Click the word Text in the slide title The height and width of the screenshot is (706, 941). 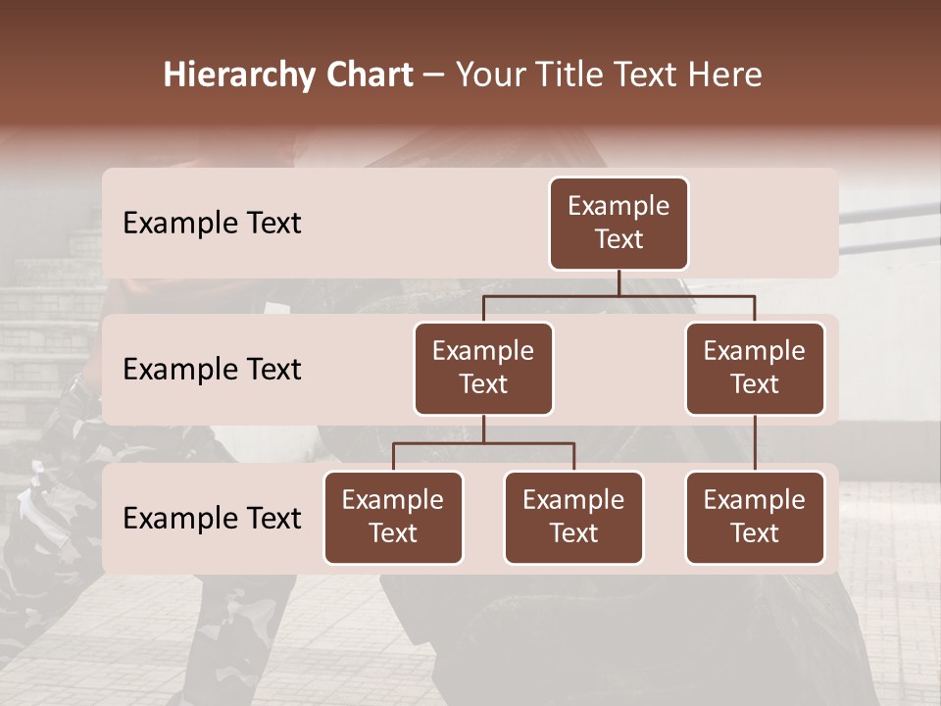click(x=654, y=76)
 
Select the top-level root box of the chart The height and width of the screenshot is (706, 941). click(x=619, y=223)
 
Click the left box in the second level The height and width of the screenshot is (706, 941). click(x=483, y=368)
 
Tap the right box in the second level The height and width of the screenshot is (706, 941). click(x=755, y=368)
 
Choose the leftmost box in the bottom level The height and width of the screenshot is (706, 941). click(x=393, y=517)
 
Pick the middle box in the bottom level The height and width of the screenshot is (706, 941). click(x=573, y=517)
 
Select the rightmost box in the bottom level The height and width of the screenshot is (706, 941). click(x=755, y=517)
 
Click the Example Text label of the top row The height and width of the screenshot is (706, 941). click(x=212, y=224)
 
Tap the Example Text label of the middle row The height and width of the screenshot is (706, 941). click(x=212, y=370)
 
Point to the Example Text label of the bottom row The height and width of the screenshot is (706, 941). click(x=212, y=519)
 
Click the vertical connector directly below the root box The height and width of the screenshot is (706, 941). click(x=619, y=282)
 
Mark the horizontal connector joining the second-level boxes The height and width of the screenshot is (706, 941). click(x=619, y=295)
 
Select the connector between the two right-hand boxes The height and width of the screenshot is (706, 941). click(x=755, y=443)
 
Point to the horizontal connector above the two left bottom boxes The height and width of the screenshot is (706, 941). click(x=483, y=443)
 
